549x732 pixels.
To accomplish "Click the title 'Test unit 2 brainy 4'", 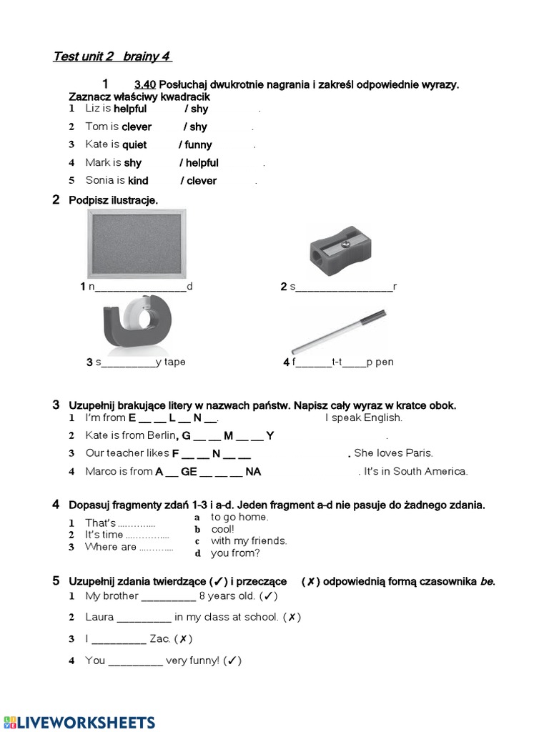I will (x=112, y=56).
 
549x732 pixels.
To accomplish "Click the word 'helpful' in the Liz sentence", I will (x=130, y=109).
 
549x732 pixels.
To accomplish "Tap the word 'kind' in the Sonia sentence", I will (x=138, y=181).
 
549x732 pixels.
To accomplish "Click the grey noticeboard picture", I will (x=137, y=244).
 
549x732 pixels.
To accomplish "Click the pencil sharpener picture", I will (x=340, y=250).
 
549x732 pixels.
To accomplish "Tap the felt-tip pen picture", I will (x=339, y=332).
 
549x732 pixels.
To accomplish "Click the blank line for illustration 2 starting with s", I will (x=344, y=287).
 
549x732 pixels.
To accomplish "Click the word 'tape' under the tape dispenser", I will (x=174, y=362).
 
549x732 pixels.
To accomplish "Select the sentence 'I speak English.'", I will (x=364, y=417).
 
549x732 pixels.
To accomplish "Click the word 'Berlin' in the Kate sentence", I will (x=161, y=435).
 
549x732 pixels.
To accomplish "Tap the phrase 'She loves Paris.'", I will (x=393, y=453).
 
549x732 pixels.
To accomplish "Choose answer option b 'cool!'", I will (x=222, y=529).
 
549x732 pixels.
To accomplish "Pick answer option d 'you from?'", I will (x=235, y=553).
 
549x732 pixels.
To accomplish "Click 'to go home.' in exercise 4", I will (x=239, y=517).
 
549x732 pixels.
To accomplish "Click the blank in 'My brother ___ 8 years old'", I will (x=169, y=596).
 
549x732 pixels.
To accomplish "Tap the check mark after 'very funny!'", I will (x=232, y=661).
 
